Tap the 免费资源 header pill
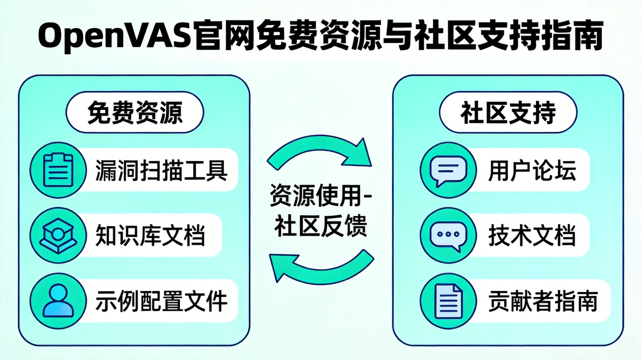click(135, 113)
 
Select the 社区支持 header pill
click(508, 113)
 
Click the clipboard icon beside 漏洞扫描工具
click(58, 170)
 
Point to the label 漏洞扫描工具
click(161, 171)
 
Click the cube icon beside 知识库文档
click(58, 236)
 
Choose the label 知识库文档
click(150, 236)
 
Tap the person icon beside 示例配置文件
click(58, 301)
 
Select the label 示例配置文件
click(161, 301)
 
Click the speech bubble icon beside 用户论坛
click(448, 170)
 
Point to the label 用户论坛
click(532, 171)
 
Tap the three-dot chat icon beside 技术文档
click(448, 236)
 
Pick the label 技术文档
click(532, 236)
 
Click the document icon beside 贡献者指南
click(448, 301)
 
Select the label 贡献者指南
click(543, 301)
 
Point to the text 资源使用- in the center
click(320, 196)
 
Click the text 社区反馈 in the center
click(320, 226)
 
